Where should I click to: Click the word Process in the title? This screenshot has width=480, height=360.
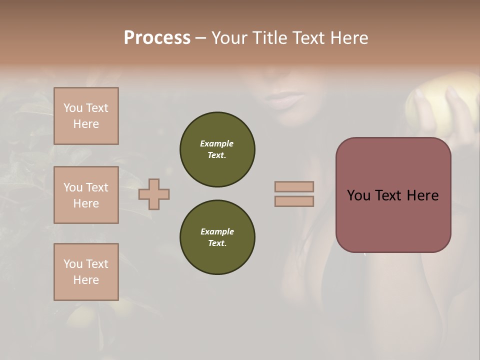pyautogui.click(x=157, y=38)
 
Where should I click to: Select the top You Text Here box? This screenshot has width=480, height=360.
pyautogui.click(x=86, y=116)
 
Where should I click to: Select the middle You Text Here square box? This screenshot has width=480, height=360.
pyautogui.click(x=86, y=195)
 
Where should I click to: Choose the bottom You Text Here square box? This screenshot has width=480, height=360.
pyautogui.click(x=86, y=272)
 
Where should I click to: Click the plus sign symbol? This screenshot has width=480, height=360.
pyautogui.click(x=154, y=194)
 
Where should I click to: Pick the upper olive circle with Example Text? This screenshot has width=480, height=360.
pyautogui.click(x=217, y=149)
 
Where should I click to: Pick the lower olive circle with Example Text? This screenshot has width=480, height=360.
pyautogui.click(x=217, y=237)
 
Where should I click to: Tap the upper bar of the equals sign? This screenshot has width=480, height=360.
pyautogui.click(x=294, y=186)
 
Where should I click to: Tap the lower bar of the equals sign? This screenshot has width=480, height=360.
pyautogui.click(x=294, y=201)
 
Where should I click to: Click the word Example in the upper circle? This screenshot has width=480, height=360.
pyautogui.click(x=216, y=143)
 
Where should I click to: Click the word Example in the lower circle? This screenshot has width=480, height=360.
pyautogui.click(x=217, y=231)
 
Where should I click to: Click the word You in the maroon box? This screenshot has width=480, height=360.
pyautogui.click(x=358, y=195)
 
